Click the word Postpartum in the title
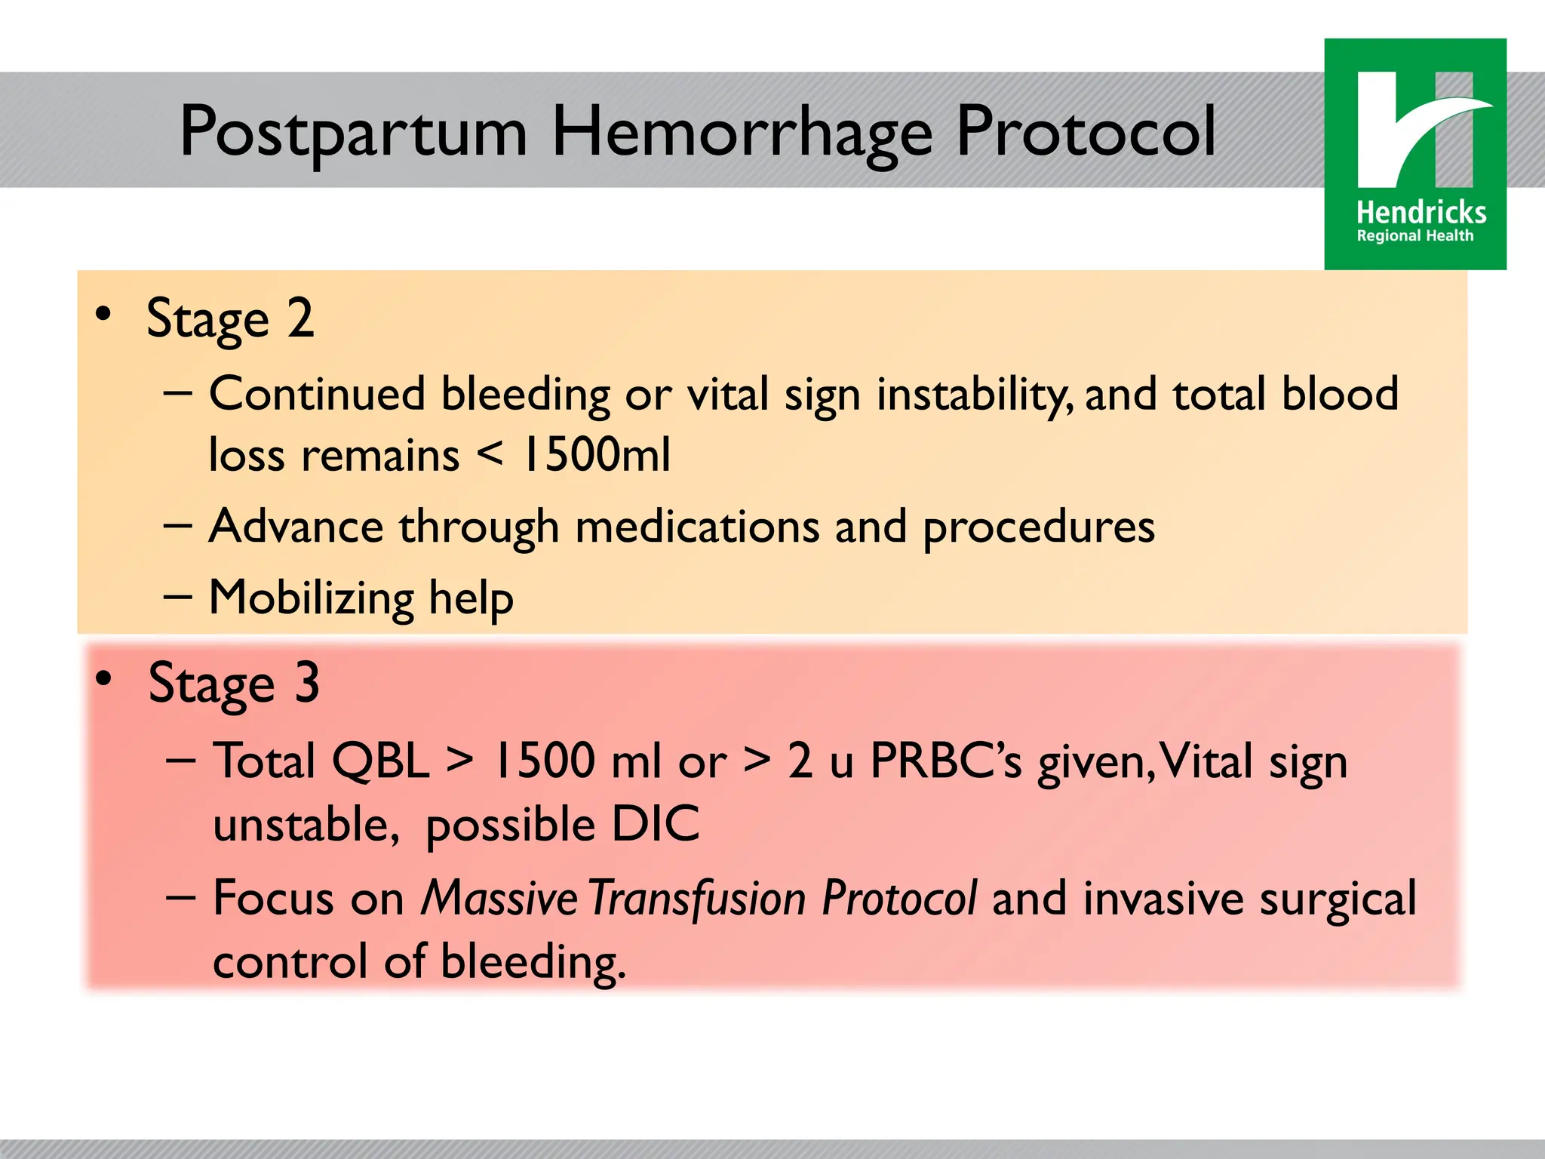click(353, 133)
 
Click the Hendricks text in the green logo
click(1421, 213)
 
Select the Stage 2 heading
click(230, 320)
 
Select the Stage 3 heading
click(234, 684)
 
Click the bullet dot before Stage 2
click(104, 314)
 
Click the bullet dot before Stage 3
click(104, 678)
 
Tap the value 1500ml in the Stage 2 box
click(596, 456)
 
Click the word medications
click(697, 527)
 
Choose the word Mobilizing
click(311, 598)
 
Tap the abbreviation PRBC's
click(946, 761)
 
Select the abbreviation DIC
click(655, 824)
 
